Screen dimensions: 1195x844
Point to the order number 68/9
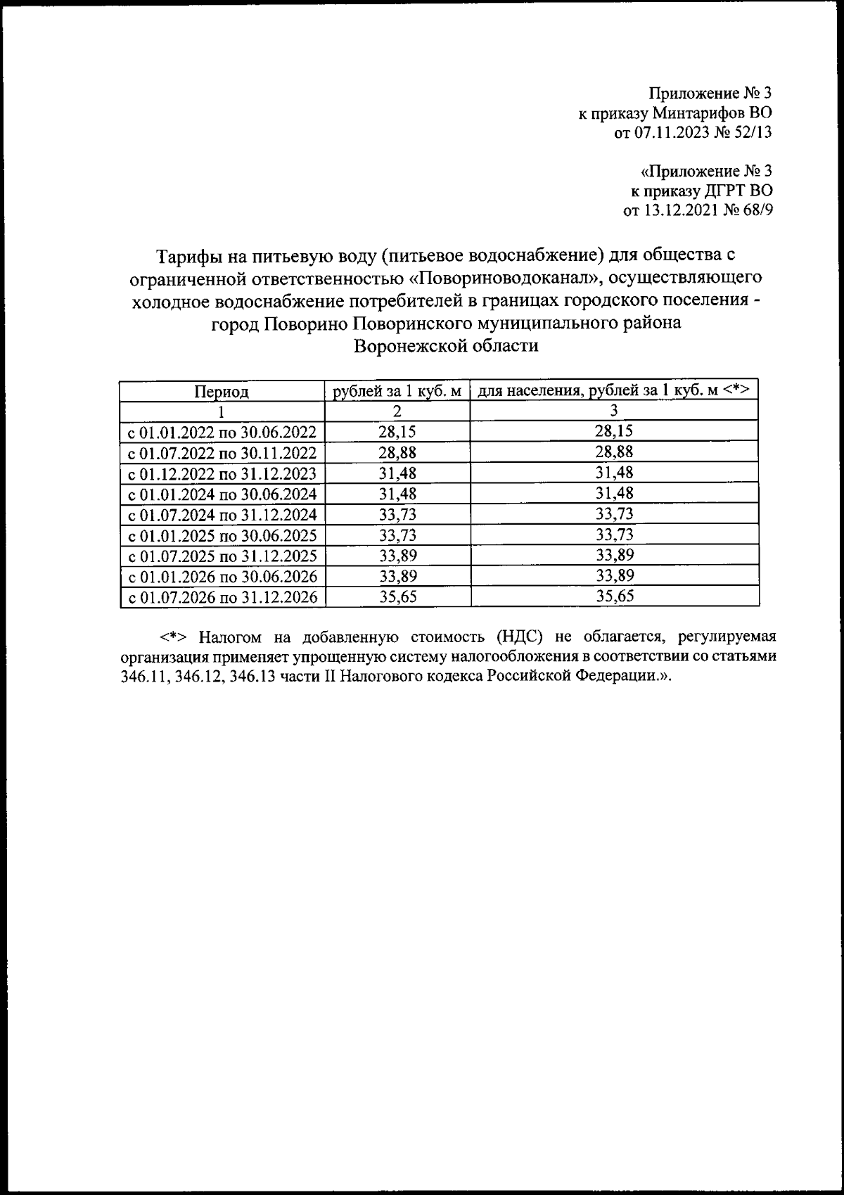tap(755, 210)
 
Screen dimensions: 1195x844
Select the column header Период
tap(222, 390)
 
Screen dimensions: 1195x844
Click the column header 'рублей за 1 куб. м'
tap(397, 390)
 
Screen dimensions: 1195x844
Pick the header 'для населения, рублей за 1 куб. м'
tap(614, 390)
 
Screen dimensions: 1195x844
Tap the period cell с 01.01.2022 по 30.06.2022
tap(222, 432)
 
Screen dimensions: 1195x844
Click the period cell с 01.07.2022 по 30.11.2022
tap(222, 452)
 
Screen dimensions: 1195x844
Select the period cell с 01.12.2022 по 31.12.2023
tap(222, 473)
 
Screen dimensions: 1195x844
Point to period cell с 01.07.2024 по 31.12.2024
tap(222, 514)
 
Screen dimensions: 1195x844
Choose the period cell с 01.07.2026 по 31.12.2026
tap(222, 597)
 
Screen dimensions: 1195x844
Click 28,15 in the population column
tap(614, 431)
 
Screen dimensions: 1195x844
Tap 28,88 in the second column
tap(397, 452)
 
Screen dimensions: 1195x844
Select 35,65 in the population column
tap(614, 596)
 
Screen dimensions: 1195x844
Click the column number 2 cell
tap(397, 411)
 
